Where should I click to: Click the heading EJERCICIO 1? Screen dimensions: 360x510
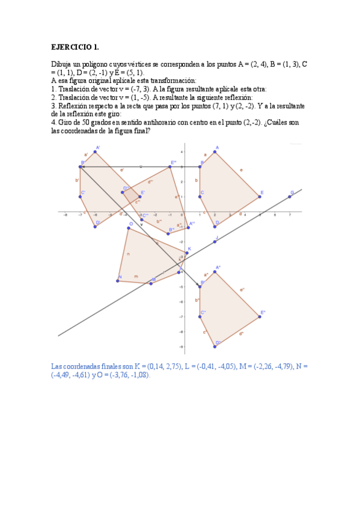tap(75, 46)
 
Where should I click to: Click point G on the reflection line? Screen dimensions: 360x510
tap(290, 197)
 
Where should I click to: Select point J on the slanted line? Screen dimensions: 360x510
tap(215, 242)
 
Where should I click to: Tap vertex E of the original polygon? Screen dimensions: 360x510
tap(260, 197)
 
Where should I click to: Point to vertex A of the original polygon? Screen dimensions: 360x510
tap(215, 152)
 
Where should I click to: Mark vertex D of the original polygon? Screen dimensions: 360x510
tap(215, 226)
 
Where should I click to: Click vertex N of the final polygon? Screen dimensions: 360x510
tap(118, 281)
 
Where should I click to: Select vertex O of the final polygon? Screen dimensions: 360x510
tap(129, 227)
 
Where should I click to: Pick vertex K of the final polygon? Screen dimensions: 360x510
tap(187, 253)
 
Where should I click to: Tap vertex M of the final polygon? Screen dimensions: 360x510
tap(151, 283)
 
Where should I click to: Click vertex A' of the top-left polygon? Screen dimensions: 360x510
tap(95, 152)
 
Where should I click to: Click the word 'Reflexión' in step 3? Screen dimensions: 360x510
tap(72, 105)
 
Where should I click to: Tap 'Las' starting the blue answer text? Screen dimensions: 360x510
tap(58, 366)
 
